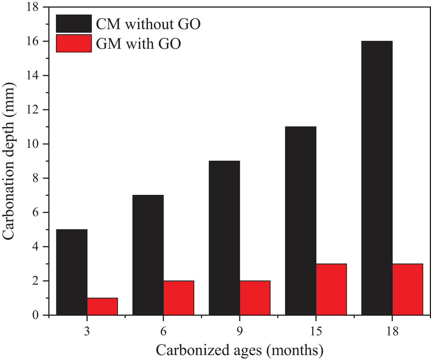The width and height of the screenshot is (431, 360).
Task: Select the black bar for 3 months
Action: [72, 272]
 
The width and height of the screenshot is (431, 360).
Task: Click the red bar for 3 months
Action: [102, 306]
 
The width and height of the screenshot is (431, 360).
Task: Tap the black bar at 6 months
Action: [148, 255]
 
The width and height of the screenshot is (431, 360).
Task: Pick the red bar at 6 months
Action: [179, 298]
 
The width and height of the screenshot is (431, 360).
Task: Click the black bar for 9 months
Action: [224, 238]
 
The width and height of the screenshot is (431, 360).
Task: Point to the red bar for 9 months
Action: [255, 298]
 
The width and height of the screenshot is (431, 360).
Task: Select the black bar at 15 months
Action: [301, 221]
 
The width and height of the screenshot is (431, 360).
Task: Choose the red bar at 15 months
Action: [331, 289]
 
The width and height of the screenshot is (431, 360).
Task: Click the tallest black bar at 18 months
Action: [377, 178]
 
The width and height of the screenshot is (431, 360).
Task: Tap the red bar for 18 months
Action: [407, 289]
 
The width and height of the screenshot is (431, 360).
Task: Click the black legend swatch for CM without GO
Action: [74, 23]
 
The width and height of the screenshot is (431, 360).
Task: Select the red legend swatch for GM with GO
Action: [74, 44]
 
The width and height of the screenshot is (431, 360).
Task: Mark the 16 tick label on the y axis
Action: [34, 41]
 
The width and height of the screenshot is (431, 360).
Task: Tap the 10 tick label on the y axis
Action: [34, 144]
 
